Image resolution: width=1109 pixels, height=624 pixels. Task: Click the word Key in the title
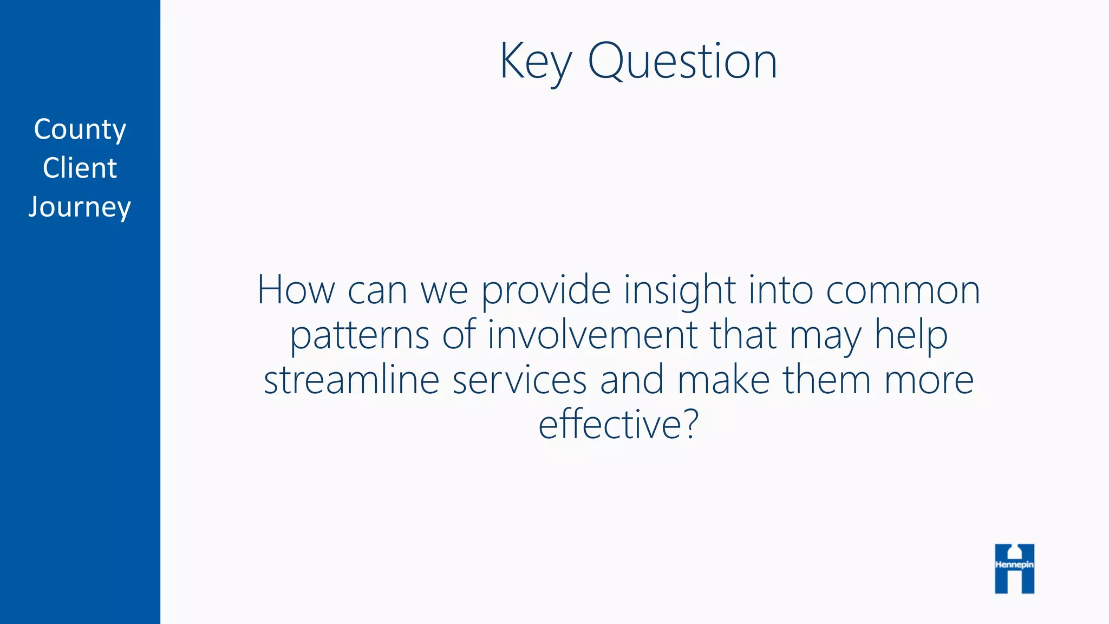coord(535,62)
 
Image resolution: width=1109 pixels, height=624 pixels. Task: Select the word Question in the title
coord(682,62)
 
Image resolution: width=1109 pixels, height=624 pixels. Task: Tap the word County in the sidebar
coord(80,130)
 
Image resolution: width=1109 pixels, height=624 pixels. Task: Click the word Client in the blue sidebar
coord(80,168)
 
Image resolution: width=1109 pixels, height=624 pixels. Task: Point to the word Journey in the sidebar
coord(80,207)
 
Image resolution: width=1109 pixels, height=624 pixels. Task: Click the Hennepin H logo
coord(1014,568)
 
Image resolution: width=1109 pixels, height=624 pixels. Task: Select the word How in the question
coord(296,290)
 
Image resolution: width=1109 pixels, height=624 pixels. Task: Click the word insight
coord(680,291)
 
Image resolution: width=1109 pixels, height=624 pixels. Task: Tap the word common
coord(903,291)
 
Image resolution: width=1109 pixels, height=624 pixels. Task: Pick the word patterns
coord(360,336)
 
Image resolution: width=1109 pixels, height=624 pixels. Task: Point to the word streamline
coord(351,380)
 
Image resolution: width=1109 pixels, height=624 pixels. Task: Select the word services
coord(519,380)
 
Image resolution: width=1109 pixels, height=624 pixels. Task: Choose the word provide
coord(546,291)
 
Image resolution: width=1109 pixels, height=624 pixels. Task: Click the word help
coord(911,336)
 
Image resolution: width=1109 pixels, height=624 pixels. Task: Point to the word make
coord(723,380)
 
